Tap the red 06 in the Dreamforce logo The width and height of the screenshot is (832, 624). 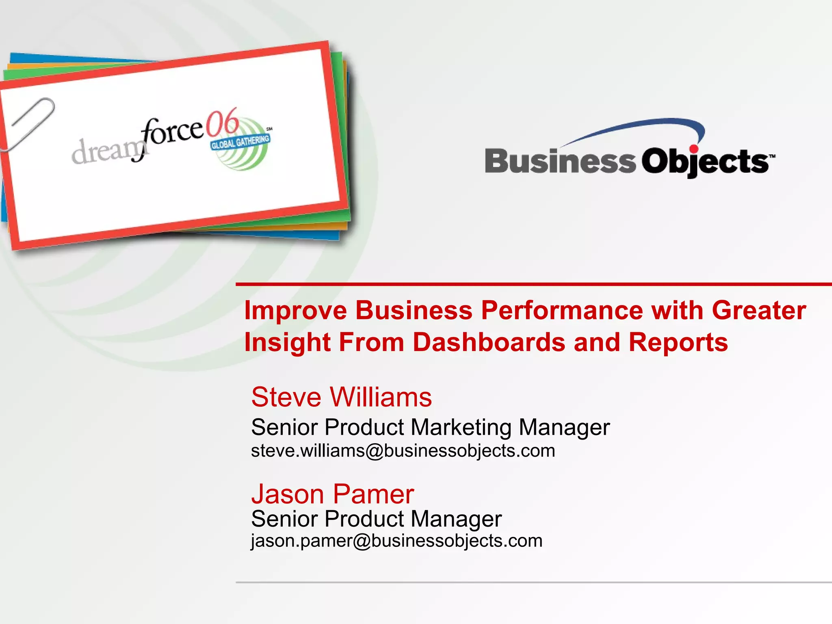point(222,122)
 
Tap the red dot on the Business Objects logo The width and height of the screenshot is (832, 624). point(694,149)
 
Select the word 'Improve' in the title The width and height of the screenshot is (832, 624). point(295,311)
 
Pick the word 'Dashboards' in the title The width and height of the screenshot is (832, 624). point(489,342)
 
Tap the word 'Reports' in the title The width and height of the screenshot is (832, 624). point(678,342)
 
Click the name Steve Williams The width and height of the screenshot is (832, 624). point(341,397)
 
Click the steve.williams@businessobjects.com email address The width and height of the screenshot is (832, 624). point(403,451)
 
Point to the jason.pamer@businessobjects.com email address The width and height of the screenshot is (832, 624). point(396,541)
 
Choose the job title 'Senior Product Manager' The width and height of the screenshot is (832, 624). point(376,519)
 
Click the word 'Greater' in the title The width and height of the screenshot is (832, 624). point(758,311)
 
